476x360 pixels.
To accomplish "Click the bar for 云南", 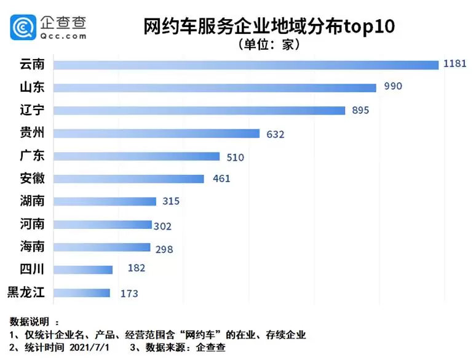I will tap(246, 65).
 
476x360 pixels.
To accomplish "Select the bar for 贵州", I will tap(157, 134).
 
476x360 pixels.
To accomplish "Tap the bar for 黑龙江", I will tap(82, 293).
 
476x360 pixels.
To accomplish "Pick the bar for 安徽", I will tap(129, 179).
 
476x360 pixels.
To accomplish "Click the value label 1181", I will tap(455, 63).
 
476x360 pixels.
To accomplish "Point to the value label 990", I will tap(393, 86).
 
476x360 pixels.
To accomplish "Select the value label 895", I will tap(362, 110).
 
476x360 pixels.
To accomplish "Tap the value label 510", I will tap(235, 157).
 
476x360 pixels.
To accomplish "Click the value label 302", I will tap(162, 226).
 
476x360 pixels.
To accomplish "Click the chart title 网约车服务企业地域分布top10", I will tap(269, 26).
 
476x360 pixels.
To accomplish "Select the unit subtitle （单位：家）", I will tap(269, 46).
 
